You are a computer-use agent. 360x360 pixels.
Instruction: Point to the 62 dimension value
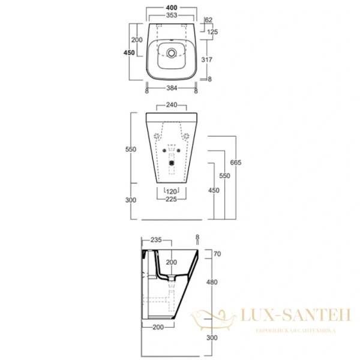tap(208, 20)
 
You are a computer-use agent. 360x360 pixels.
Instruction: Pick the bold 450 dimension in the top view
tap(129, 53)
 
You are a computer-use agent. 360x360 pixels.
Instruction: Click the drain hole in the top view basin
tap(173, 53)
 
